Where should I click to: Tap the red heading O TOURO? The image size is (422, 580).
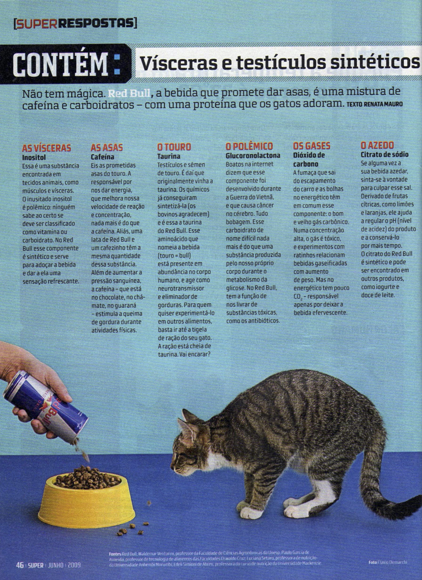point(174,147)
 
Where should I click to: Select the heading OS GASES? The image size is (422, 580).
point(312,146)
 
